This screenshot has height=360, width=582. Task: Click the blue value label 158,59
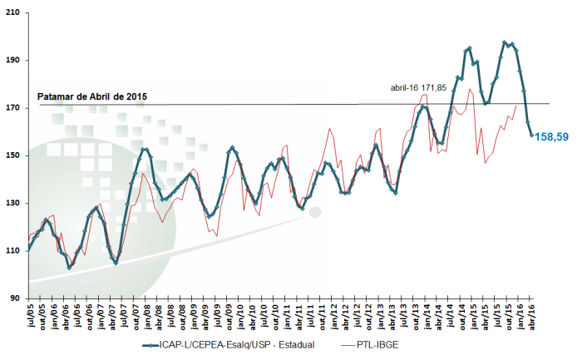[551, 136]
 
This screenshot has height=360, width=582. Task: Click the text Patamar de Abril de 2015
[92, 96]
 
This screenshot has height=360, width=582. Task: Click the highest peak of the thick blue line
[505, 42]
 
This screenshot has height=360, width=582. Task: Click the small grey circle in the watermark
[314, 212]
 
